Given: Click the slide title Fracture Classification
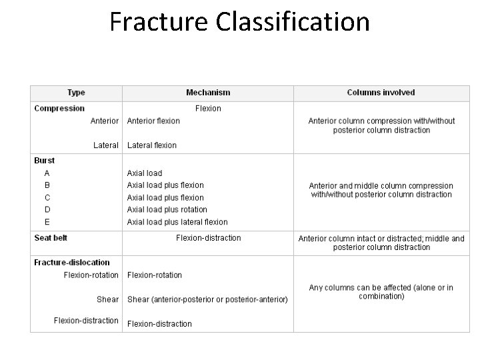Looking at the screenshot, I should [239, 22].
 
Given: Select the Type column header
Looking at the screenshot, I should [76, 93].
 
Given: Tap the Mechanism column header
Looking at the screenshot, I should [208, 93].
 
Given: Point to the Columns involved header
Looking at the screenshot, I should [381, 93].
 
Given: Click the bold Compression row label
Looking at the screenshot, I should [59, 108].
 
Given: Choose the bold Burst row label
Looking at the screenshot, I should [45, 161].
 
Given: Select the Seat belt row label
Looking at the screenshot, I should [51, 238].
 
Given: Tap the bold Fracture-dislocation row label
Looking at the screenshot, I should [72, 263].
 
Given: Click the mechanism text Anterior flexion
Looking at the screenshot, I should [153, 121].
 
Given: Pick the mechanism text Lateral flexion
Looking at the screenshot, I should [152, 145].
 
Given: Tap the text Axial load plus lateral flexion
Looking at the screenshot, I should [177, 222].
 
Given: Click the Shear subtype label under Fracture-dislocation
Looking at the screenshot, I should [107, 299].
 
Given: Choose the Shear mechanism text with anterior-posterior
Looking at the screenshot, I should [207, 299].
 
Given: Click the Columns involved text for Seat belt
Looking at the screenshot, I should [381, 243].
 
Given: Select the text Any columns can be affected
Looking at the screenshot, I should [381, 292].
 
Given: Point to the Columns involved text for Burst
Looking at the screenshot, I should [381, 190].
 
